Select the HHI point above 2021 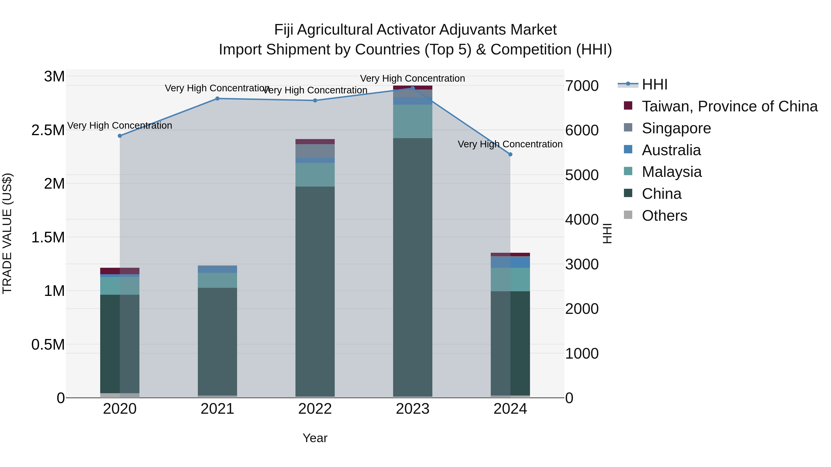[x=217, y=99]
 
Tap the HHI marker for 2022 [x=315, y=101]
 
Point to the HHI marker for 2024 [x=510, y=154]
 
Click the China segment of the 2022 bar [x=315, y=290]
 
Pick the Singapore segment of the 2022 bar [x=315, y=151]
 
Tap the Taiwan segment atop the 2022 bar [x=315, y=142]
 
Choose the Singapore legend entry [x=676, y=128]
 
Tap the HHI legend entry [x=654, y=84]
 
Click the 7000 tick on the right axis [x=582, y=86]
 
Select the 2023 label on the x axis [x=412, y=409]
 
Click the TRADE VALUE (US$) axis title [x=7, y=233]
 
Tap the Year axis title [x=315, y=438]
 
